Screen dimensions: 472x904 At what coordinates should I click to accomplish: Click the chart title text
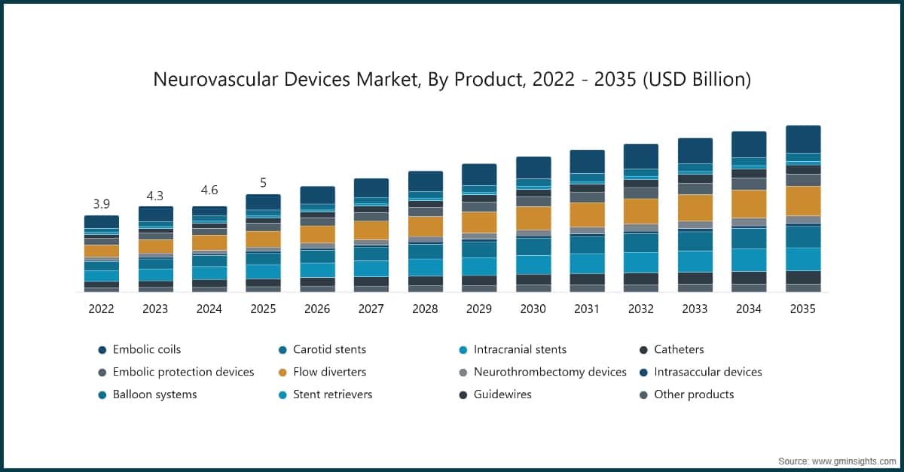click(x=452, y=79)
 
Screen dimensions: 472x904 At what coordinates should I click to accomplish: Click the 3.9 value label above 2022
click(x=102, y=204)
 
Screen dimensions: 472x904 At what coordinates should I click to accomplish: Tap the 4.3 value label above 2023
click(x=155, y=195)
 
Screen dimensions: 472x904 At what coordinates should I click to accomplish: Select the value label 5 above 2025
click(x=263, y=183)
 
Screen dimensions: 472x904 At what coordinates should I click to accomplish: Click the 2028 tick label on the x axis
click(x=425, y=309)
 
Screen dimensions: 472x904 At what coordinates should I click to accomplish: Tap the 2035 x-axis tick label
click(x=802, y=309)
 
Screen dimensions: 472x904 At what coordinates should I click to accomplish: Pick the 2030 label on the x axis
click(x=533, y=309)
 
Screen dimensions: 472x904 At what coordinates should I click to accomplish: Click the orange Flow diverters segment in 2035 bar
click(x=803, y=200)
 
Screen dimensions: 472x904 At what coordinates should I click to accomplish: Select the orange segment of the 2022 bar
click(x=102, y=251)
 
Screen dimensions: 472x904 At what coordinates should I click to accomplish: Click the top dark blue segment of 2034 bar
click(x=749, y=144)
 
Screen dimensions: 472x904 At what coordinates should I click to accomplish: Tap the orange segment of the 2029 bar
click(x=479, y=222)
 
